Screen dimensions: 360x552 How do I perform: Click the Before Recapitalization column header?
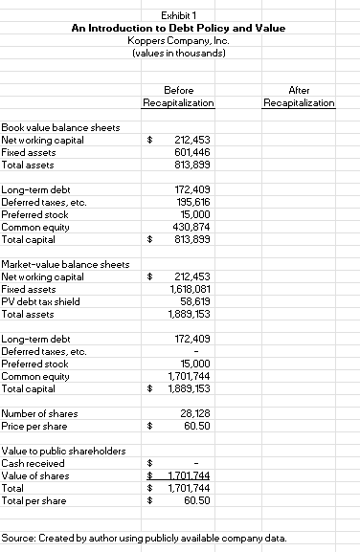(177, 97)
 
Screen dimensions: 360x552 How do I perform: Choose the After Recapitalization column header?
(298, 97)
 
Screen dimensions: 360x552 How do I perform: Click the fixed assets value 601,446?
(193, 151)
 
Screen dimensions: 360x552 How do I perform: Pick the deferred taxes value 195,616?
(193, 202)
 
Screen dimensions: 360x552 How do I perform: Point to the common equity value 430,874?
(193, 226)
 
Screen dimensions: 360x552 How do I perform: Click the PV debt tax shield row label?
(42, 300)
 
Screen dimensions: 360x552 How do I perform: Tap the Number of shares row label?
(42, 412)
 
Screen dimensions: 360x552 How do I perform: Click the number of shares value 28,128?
(195, 412)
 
